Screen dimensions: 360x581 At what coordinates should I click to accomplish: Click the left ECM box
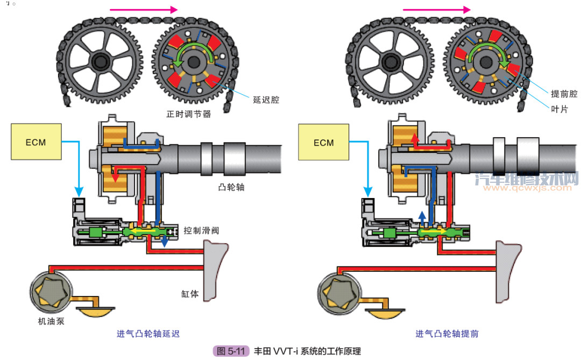(36, 143)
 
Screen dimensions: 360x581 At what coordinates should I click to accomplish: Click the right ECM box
(324, 143)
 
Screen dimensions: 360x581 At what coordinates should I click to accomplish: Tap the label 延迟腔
(266, 100)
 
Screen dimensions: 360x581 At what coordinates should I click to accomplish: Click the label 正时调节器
(188, 114)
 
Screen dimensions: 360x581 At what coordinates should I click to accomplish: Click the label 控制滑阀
(201, 230)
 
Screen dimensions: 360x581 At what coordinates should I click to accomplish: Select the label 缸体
(190, 294)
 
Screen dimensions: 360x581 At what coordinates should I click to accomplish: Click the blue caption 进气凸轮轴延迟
(148, 334)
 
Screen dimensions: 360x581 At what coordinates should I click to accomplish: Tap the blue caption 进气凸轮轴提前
(447, 334)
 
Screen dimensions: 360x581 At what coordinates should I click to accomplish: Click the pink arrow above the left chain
(143, 9)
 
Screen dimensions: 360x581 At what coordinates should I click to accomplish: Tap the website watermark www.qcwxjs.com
(529, 188)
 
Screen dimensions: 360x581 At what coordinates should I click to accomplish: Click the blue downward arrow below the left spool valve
(165, 243)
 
